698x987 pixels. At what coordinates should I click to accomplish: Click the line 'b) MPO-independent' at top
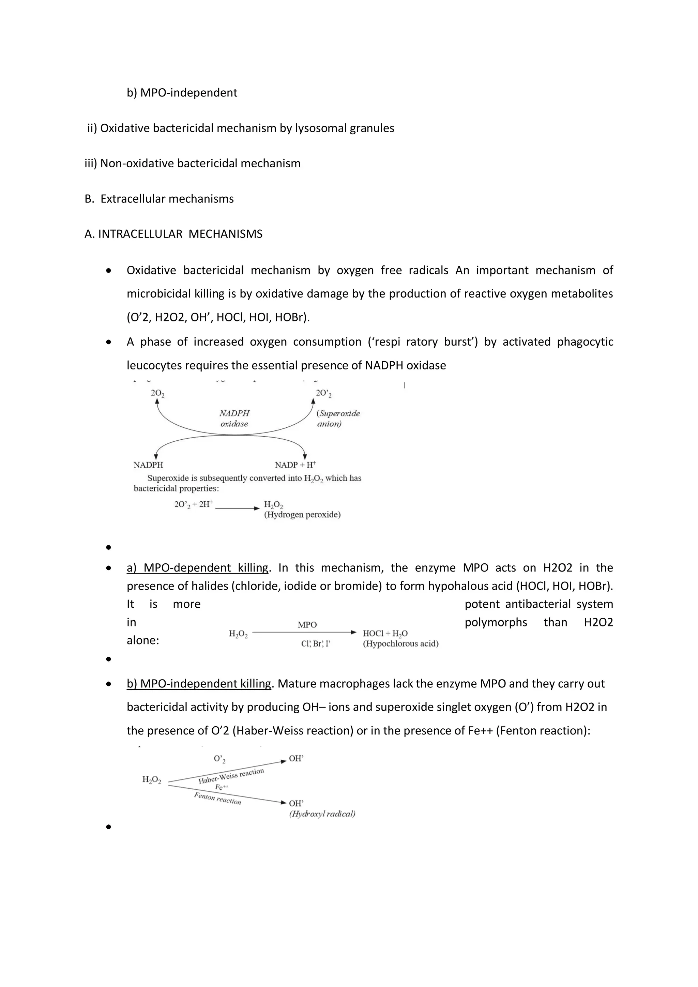[x=182, y=93]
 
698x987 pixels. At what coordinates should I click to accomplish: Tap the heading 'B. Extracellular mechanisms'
[x=160, y=199]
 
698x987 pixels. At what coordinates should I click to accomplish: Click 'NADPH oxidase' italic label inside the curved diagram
[x=234, y=418]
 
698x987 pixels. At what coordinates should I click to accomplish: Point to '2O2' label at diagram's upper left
[x=157, y=393]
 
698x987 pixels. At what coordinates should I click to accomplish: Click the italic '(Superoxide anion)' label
[x=338, y=418]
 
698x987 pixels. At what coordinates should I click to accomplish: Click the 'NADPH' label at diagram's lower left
[x=148, y=465]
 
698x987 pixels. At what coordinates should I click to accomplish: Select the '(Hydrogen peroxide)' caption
[x=302, y=515]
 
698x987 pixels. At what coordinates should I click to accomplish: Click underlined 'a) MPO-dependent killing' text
[x=197, y=567]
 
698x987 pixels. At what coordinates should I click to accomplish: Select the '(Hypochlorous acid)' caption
[x=400, y=643]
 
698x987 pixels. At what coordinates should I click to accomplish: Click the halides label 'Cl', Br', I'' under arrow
[x=316, y=643]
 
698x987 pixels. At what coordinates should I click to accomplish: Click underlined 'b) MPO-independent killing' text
[x=199, y=684]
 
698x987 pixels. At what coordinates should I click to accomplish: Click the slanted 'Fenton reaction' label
[x=217, y=798]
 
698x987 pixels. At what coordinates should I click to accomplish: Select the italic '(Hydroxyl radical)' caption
[x=322, y=814]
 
